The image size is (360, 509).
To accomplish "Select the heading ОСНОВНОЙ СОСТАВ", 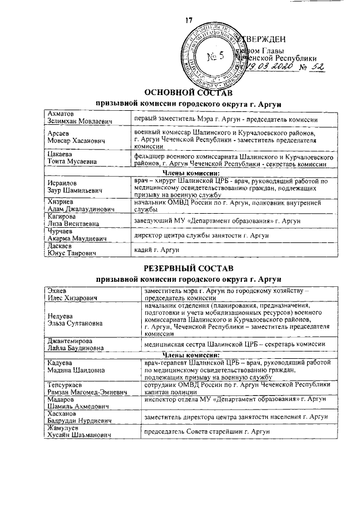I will pos(188,92).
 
